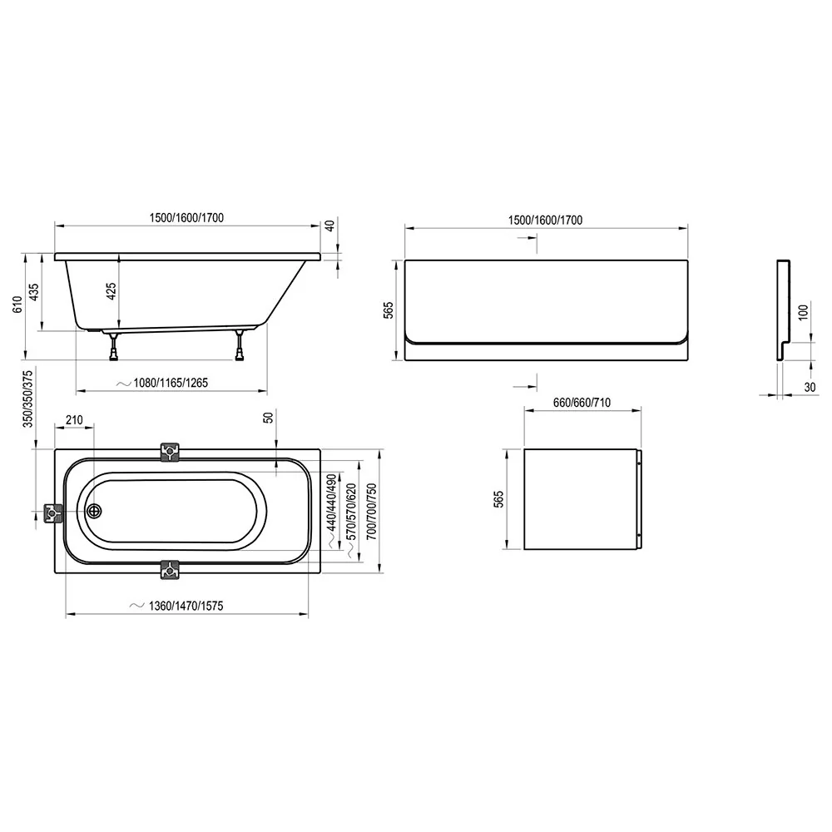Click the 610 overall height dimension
(17, 305)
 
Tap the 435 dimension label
(33, 292)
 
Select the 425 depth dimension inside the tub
(111, 291)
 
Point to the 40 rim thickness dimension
(329, 225)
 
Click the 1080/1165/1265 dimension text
(171, 383)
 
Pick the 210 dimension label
(74, 420)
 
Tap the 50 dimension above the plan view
(269, 417)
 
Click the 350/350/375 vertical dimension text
(28, 399)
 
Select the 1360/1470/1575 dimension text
(186, 606)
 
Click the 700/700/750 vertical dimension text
(371, 512)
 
